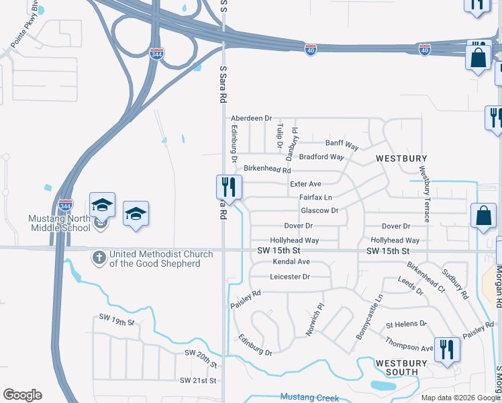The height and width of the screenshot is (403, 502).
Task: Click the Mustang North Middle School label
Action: [x=59, y=223]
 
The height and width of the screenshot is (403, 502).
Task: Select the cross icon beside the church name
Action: [x=99, y=257]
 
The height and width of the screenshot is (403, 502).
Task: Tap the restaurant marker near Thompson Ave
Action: [x=446, y=350]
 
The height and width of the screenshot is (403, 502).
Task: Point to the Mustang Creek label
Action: [x=309, y=398]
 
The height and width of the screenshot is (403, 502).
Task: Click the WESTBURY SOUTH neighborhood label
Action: [x=401, y=367]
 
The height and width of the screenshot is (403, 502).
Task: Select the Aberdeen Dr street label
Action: [x=251, y=118]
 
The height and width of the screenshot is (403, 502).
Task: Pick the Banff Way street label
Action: [x=342, y=144]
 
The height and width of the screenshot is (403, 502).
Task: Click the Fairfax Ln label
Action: [x=315, y=197]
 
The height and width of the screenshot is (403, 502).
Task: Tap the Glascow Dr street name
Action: [x=319, y=210]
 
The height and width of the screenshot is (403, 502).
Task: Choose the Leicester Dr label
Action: [x=289, y=277]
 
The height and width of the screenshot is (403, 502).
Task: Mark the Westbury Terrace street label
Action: [x=424, y=194]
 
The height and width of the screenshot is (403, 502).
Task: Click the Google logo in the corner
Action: [x=22, y=395]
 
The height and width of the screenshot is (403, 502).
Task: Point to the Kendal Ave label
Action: [x=291, y=261]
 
